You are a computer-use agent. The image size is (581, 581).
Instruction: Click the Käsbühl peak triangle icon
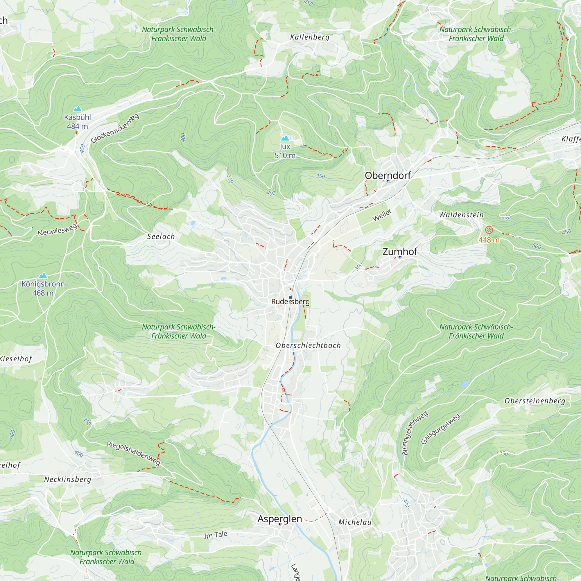[78, 109]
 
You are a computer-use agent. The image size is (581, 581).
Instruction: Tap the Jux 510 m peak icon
[285, 138]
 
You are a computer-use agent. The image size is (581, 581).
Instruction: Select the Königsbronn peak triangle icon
[43, 275]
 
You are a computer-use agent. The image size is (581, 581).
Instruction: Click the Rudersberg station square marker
[290, 297]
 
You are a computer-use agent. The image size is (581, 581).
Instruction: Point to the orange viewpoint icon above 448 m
[489, 230]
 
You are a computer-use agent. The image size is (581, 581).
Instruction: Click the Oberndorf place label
[388, 176]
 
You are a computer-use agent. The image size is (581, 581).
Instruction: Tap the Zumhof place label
[400, 251]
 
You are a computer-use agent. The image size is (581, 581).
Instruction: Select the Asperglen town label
[280, 519]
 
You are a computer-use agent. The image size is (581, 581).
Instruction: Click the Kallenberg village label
[310, 37]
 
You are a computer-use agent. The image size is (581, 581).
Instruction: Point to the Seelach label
[161, 237]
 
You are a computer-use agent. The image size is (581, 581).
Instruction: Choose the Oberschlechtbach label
[308, 345]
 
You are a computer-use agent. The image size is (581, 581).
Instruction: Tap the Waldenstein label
[461, 215]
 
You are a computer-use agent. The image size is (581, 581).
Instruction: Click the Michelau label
[355, 522]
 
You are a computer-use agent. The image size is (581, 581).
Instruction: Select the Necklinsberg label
[68, 479]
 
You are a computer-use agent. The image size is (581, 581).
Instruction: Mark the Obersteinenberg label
[535, 401]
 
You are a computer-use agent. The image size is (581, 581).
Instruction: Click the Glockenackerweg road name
[115, 128]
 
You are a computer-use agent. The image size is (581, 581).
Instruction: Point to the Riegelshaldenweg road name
[134, 453]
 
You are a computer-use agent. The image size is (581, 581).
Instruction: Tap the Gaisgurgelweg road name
[441, 429]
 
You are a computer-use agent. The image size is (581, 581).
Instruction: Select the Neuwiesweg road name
[57, 231]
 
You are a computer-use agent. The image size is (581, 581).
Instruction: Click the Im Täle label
[216, 535]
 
